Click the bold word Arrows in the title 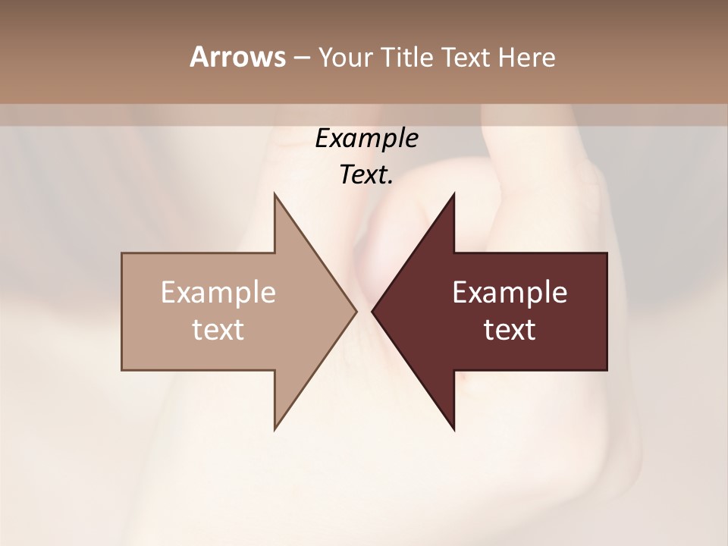pos(237,57)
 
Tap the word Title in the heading pos(406,58)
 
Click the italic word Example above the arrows pos(367,139)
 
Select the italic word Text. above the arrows pos(367,175)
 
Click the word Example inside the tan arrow pos(218,293)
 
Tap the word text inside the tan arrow pos(218,330)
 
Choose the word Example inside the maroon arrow pos(510,293)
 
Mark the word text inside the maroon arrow pos(510,330)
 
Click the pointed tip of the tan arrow pos(356,311)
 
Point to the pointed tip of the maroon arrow pos(372,311)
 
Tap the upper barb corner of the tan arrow pos(275,194)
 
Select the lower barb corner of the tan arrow pos(275,429)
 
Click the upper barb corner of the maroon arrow pos(454,194)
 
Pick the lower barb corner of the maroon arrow pos(454,429)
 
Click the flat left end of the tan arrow pos(123,311)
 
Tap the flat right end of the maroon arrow pos(606,311)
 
